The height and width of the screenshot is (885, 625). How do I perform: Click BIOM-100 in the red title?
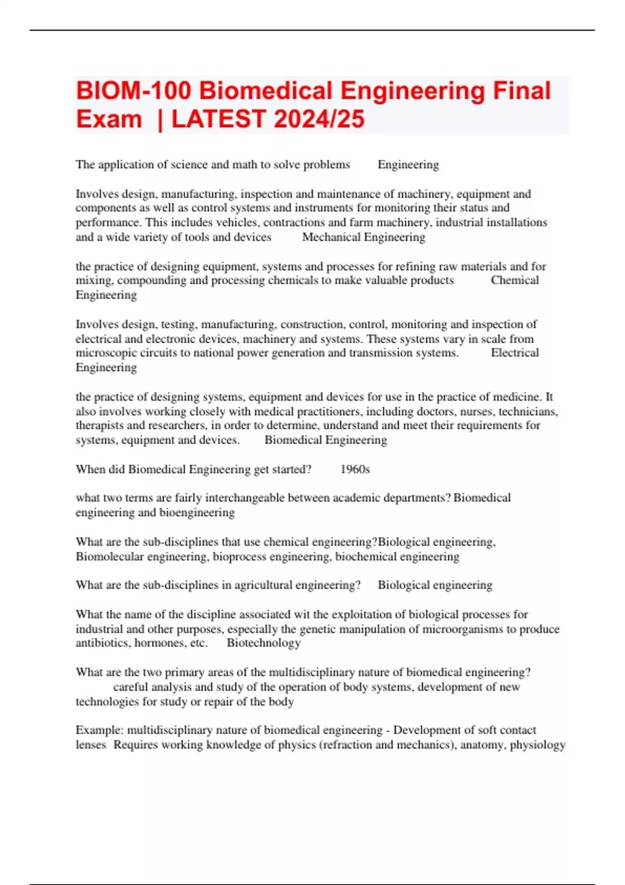[133, 91]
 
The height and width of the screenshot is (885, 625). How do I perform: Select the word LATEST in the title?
[219, 119]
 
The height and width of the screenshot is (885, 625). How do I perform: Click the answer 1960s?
[355, 469]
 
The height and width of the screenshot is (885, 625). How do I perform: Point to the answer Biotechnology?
[264, 643]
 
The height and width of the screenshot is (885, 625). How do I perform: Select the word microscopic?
[106, 353]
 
